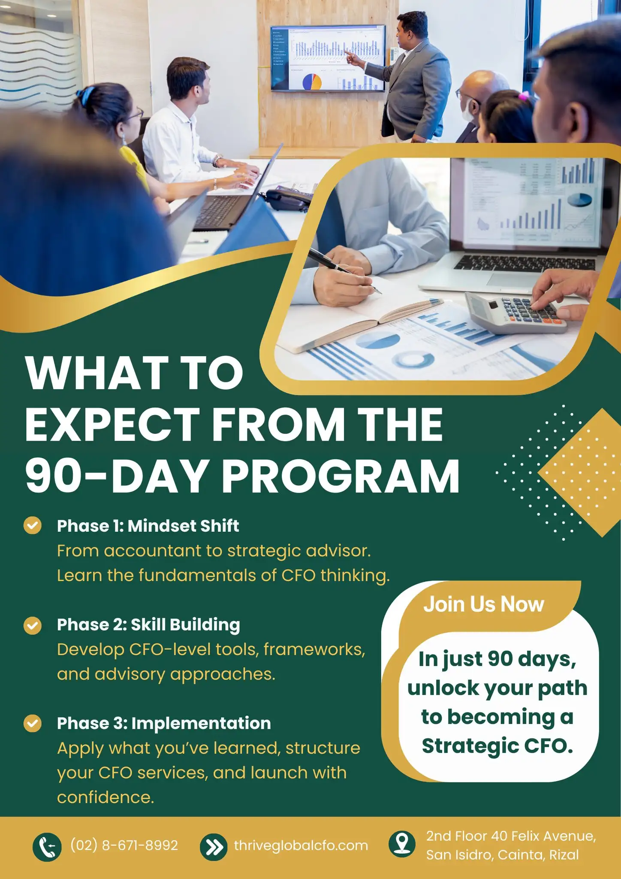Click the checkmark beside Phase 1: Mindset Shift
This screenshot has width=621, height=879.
click(33, 525)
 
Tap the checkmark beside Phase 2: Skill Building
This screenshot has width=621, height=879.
click(33, 625)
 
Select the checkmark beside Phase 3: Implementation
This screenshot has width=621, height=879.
click(33, 723)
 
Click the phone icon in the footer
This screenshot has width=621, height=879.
click(47, 847)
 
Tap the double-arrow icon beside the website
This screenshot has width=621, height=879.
click(214, 847)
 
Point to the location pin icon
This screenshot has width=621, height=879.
click(402, 843)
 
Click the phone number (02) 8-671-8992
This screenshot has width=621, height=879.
click(124, 846)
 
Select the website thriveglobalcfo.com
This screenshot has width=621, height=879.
click(301, 846)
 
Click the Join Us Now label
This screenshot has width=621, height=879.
click(484, 604)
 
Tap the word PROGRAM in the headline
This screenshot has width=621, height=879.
click(341, 476)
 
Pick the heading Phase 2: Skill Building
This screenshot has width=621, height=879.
click(148, 625)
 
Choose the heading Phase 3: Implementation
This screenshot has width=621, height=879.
click(164, 723)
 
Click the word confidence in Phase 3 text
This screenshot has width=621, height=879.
click(106, 797)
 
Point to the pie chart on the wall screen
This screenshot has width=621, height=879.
click(312, 82)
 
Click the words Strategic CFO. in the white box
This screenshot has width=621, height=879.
click(497, 746)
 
